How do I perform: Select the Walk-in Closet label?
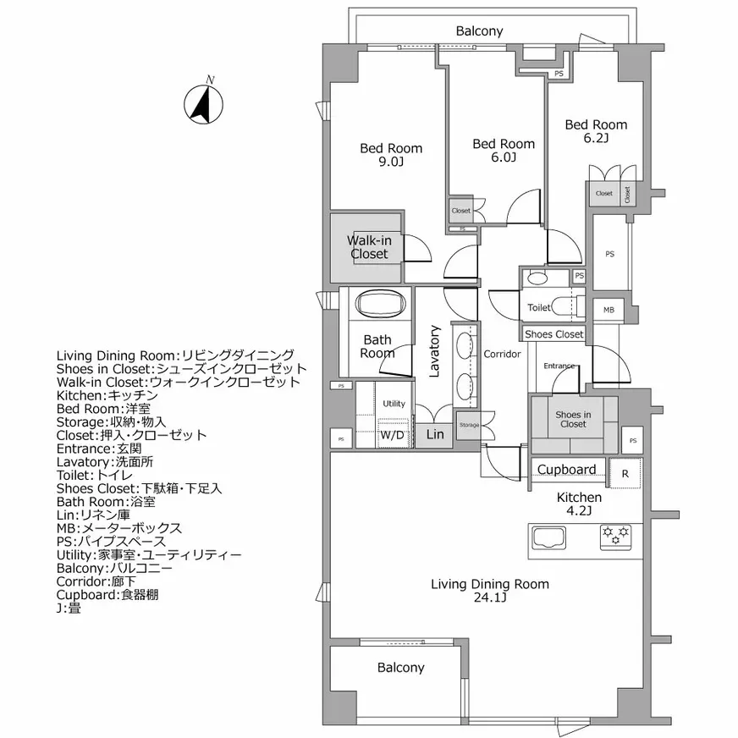369,247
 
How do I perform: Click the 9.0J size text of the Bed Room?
390,162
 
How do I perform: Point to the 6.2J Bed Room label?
596,131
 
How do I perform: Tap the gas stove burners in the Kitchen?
615,535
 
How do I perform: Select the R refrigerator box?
625,474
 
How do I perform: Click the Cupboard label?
567,470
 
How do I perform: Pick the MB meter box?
609,311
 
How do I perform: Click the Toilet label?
539,307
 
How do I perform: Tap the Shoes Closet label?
554,334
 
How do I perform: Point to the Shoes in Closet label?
573,419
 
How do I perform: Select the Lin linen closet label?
434,435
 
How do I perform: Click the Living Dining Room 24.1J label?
489,591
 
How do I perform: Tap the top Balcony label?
479,31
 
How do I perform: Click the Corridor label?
502,354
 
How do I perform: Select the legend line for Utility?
149,554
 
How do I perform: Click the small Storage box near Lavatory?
469,425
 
